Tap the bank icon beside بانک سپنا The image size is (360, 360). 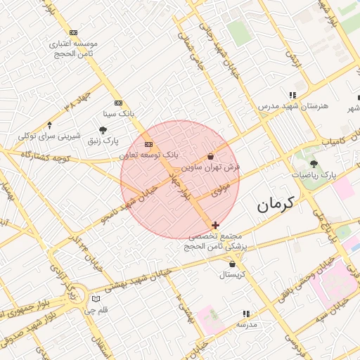pyautogui.click(x=117, y=102)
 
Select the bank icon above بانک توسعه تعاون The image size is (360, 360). pyautogui.click(x=148, y=144)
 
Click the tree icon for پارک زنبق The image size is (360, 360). pyautogui.click(x=103, y=130)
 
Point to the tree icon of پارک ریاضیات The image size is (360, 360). pyautogui.click(x=314, y=163)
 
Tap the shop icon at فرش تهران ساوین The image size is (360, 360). pyautogui.click(x=211, y=157)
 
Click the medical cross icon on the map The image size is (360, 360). pyautogui.click(x=215, y=225)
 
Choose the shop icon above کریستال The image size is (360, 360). pyautogui.click(x=232, y=264)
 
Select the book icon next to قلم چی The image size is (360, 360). pyautogui.click(x=96, y=299)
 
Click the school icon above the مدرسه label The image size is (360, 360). pyautogui.click(x=246, y=314)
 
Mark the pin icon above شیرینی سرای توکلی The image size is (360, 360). pyautogui.click(x=50, y=124)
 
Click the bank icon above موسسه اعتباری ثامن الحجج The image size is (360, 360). pyautogui.click(x=73, y=32)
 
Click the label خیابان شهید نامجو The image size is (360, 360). pyautogui.click(x=129, y=204)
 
